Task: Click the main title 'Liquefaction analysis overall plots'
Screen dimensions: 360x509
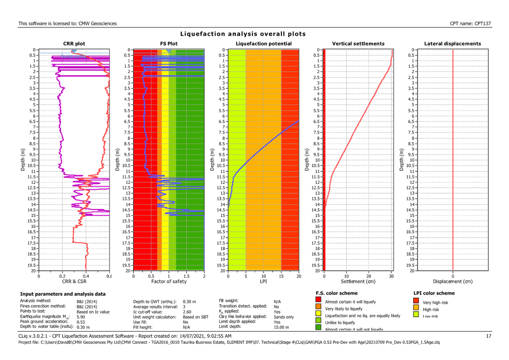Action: pos(243,34)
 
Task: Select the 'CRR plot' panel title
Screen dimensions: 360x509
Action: pos(74,44)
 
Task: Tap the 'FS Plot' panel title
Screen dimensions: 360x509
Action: pos(169,44)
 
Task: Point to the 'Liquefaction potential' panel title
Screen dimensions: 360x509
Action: pos(263,44)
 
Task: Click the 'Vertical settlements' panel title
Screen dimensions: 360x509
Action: pos(358,44)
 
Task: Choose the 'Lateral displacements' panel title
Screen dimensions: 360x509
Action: pos(452,44)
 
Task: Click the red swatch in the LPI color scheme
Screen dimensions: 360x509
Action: pos(416,302)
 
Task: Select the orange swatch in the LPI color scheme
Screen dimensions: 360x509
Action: pos(416,308)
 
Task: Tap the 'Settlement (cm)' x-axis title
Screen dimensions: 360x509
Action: pos(358,280)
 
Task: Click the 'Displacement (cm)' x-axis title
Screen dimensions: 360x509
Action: pos(452,280)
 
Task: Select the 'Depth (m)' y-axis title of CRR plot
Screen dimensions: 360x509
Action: pos(22,159)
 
